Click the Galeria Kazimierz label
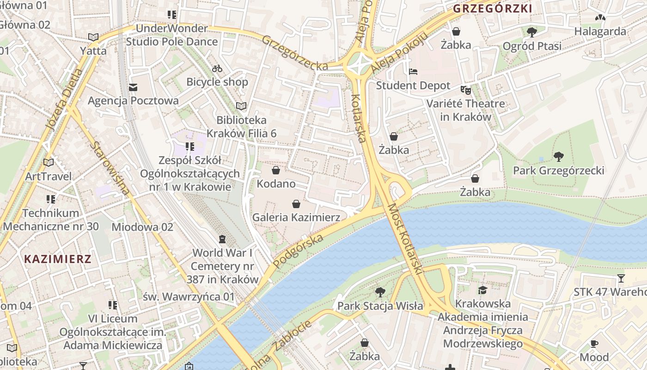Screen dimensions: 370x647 [x=296, y=217]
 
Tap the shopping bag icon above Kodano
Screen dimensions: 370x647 [x=276, y=170]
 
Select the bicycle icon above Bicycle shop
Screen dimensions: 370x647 [x=217, y=69]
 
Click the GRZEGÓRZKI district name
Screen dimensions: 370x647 [x=493, y=8]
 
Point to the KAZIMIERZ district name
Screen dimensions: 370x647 [x=58, y=259]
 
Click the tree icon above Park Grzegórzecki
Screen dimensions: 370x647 [x=559, y=156]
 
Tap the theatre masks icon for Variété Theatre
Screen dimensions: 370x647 [x=465, y=90]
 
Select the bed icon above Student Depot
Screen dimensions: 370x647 [x=413, y=72]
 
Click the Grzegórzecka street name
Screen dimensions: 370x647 [x=295, y=53]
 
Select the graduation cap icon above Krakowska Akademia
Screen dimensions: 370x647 [x=483, y=290]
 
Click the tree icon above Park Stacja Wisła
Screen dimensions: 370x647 [x=380, y=292]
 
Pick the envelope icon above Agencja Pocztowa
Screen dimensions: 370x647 [x=133, y=87]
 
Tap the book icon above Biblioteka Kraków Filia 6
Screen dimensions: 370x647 [x=241, y=106]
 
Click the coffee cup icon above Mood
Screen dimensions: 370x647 [x=594, y=344]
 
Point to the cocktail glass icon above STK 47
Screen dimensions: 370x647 [x=621, y=278]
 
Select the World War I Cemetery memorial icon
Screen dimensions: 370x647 [x=222, y=239]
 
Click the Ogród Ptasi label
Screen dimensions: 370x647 [x=532, y=46]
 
